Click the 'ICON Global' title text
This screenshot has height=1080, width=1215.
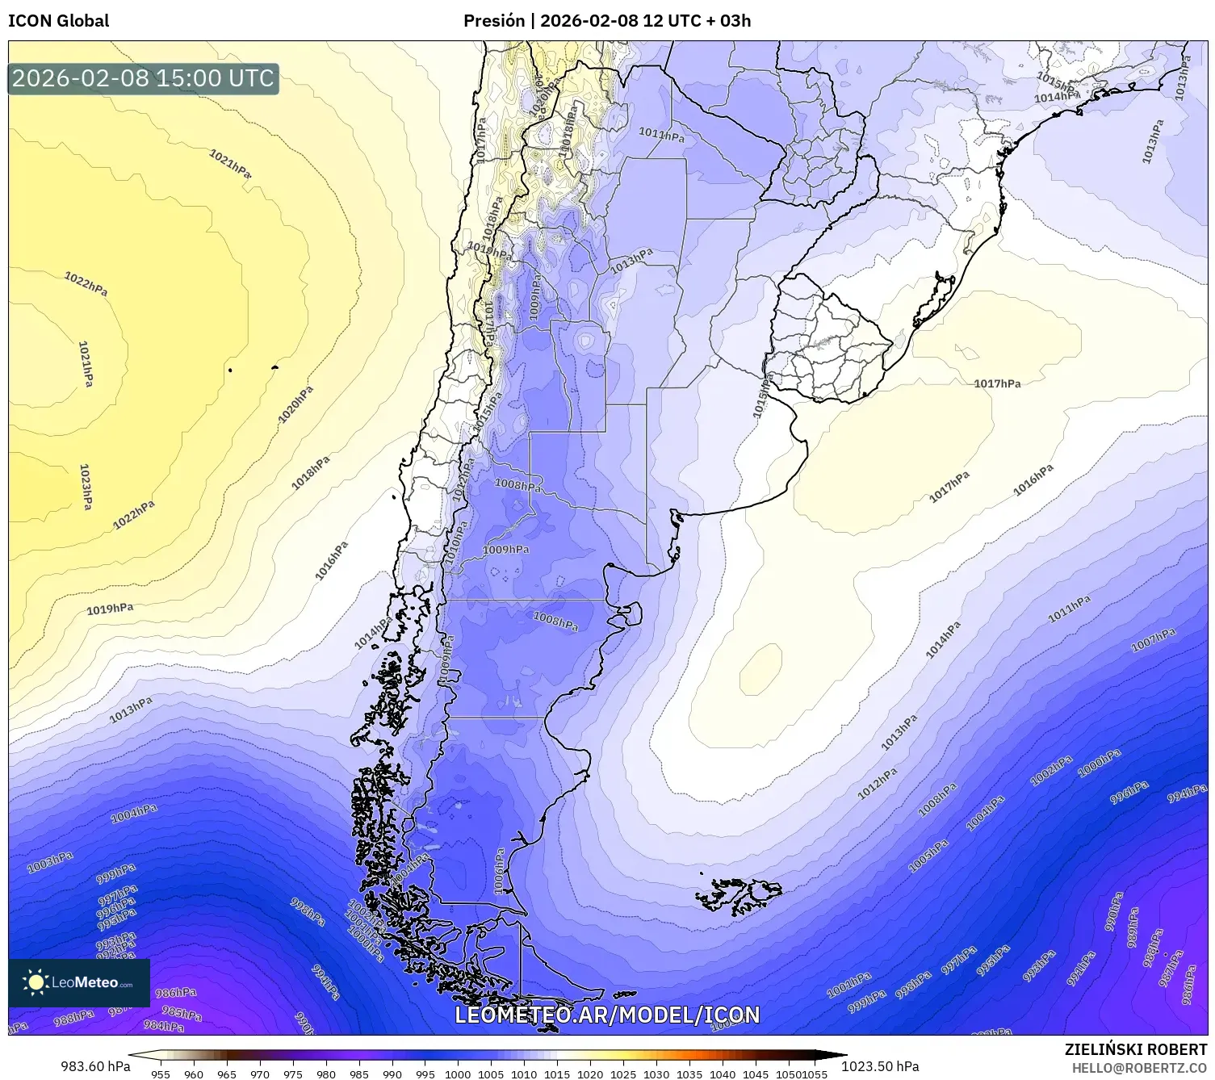tap(58, 21)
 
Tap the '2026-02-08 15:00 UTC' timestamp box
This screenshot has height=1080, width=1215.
tap(144, 78)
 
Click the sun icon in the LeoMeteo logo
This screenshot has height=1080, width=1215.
tap(36, 982)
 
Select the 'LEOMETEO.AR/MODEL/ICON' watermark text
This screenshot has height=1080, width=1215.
tap(607, 1015)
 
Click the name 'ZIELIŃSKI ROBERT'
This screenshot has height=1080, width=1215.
tap(1136, 1049)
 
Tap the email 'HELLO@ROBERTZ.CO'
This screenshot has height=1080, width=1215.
tap(1139, 1068)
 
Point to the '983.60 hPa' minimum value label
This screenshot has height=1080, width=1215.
tap(94, 1066)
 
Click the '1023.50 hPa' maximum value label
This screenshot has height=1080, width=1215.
tap(880, 1066)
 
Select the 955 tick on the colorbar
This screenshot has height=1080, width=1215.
tap(161, 1074)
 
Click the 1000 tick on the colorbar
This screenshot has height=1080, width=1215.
tap(458, 1074)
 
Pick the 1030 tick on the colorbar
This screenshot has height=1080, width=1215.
tap(656, 1074)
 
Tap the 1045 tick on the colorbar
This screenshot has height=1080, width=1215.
tap(756, 1074)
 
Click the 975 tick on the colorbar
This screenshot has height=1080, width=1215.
tap(293, 1074)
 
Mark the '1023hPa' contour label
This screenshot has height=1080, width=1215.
tap(85, 487)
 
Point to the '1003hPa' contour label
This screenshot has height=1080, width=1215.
tap(50, 863)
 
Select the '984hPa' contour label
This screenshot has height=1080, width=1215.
tap(163, 1026)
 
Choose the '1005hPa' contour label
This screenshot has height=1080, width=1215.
tap(928, 856)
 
